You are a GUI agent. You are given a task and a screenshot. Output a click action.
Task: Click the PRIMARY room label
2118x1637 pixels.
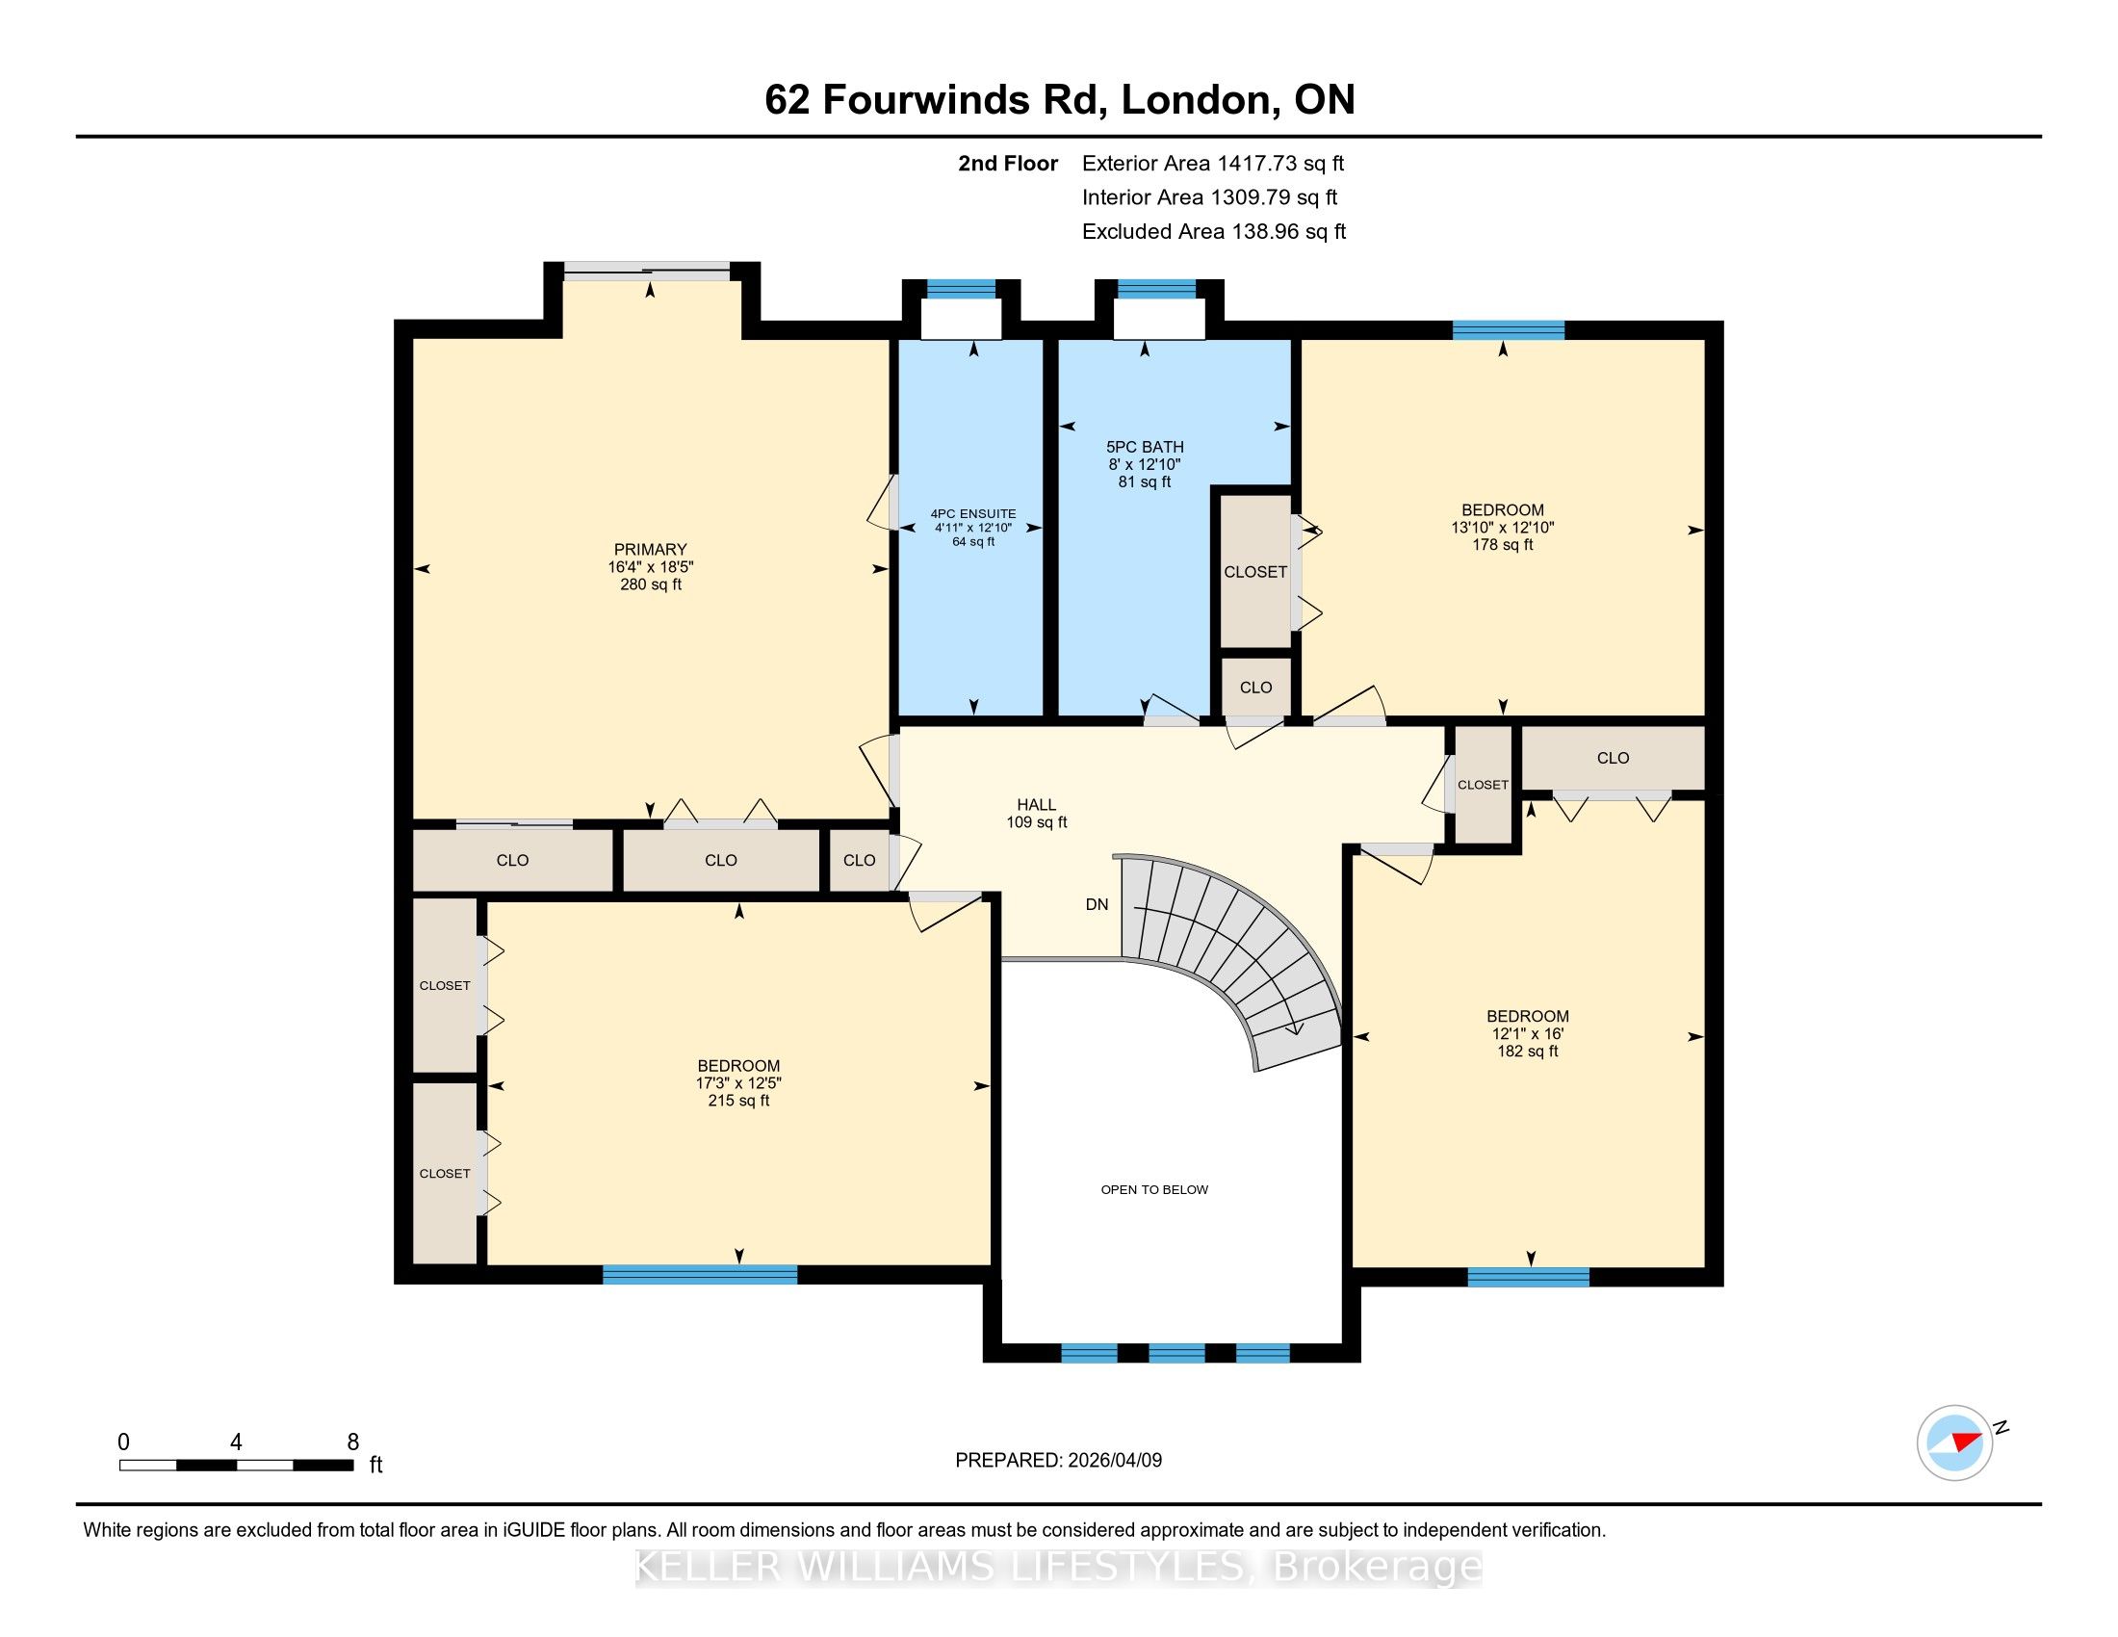pyautogui.click(x=650, y=549)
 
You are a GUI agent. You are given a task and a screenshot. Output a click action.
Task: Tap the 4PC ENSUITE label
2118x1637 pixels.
pyautogui.click(x=972, y=514)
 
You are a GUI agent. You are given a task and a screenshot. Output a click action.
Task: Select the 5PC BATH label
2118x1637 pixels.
pyautogui.click(x=1145, y=447)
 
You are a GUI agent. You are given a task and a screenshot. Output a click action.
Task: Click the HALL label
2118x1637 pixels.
pyautogui.click(x=1036, y=805)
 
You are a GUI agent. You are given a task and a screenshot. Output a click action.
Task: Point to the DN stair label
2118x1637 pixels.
pyautogui.click(x=1097, y=905)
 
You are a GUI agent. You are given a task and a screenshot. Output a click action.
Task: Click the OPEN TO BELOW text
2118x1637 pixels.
pyautogui.click(x=1154, y=1190)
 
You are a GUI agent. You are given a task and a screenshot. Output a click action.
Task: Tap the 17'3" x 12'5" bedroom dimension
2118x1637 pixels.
pyautogui.click(x=738, y=1083)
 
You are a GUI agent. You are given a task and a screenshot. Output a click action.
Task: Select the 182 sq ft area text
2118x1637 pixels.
pyautogui.click(x=1528, y=1052)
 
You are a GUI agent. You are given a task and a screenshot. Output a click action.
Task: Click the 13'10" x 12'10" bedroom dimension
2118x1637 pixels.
pyautogui.click(x=1502, y=528)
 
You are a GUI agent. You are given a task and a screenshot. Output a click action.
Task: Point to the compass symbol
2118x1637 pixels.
pyautogui.click(x=1955, y=1442)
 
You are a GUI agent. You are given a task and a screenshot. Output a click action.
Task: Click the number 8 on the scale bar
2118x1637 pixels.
pyautogui.click(x=353, y=1442)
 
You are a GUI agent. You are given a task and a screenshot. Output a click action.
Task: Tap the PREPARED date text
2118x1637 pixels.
pyautogui.click(x=1058, y=1461)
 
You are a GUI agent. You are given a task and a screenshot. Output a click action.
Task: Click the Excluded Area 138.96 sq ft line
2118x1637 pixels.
pyautogui.click(x=1214, y=232)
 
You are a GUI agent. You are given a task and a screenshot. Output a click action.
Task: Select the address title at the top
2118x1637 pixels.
pyautogui.click(x=1059, y=100)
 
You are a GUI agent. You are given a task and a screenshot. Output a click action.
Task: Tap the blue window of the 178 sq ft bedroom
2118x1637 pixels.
pyautogui.click(x=1508, y=330)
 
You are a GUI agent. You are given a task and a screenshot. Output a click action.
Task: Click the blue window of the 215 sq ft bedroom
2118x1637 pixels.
pyautogui.click(x=699, y=1274)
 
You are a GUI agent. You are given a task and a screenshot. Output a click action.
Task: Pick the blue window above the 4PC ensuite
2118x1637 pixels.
pyautogui.click(x=960, y=288)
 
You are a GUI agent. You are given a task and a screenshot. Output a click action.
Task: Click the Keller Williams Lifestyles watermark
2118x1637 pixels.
pyautogui.click(x=1058, y=1567)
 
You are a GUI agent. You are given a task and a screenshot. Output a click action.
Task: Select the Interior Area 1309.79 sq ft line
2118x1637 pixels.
pyautogui.click(x=1209, y=197)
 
